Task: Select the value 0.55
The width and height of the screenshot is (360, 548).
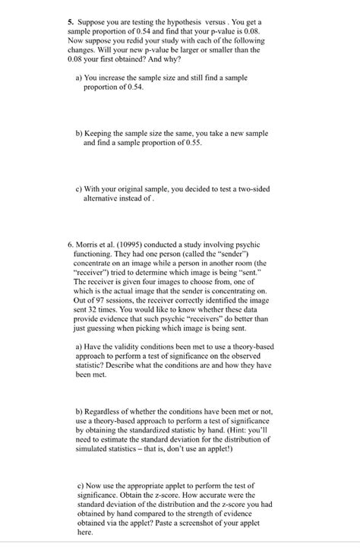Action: click(x=191, y=143)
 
